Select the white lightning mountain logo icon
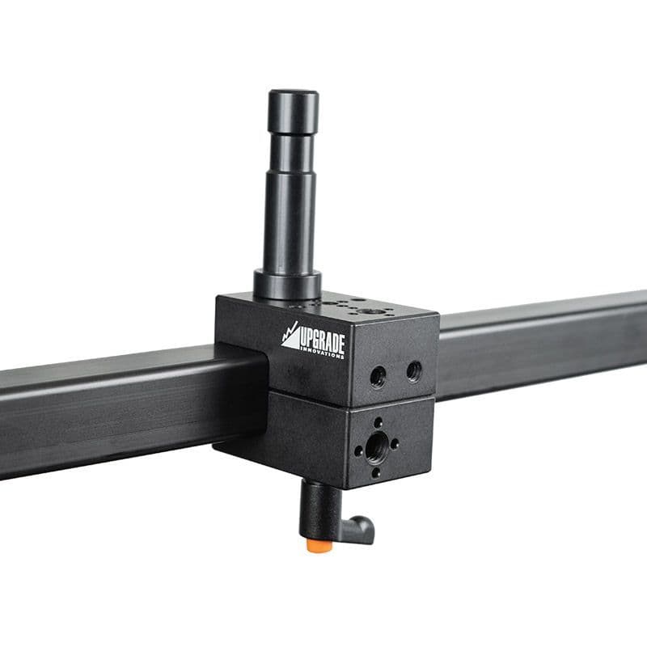coord(290,336)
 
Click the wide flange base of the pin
coord(287,284)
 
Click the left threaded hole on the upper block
coord(378,375)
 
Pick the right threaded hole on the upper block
coord(413,371)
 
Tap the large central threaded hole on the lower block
coord(376,446)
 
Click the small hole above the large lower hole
coord(378,422)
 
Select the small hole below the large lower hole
coord(376,472)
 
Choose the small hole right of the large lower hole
coord(395,443)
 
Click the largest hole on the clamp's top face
coord(373,311)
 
